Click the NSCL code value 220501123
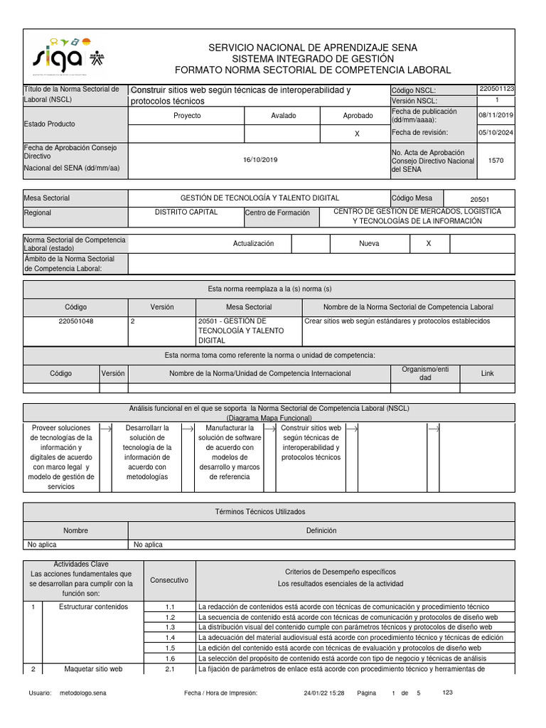496,90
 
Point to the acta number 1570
496,161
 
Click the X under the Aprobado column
357,134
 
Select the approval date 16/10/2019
259,161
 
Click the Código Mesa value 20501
480,200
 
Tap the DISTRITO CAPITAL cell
186,212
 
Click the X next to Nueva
428,243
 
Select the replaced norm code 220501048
75,321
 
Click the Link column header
487,373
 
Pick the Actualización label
253,243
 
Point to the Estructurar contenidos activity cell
93,607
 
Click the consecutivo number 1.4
170,638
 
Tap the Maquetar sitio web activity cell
93,669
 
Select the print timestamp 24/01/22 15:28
323,692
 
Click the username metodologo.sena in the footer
82,692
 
